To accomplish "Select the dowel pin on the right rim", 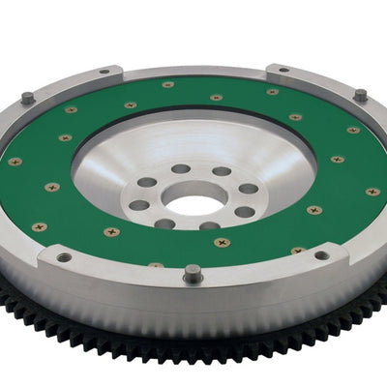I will click(x=360, y=95).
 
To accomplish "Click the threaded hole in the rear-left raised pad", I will click(x=104, y=71).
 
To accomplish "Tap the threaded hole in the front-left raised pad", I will click(x=64, y=257).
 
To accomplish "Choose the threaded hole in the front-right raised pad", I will click(x=320, y=255).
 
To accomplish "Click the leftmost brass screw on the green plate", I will click(x=15, y=161).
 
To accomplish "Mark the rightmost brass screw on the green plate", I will click(x=372, y=192).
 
